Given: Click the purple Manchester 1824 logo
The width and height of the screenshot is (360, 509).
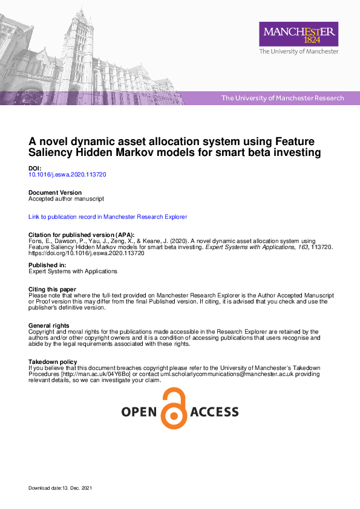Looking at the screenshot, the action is pos(298,34).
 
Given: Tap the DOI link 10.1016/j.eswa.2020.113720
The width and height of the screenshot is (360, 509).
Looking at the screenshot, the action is pos(68,174).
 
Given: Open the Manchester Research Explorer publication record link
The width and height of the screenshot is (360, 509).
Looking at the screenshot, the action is pos(108,216).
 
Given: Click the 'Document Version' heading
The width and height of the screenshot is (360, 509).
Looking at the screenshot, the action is pos(55,192).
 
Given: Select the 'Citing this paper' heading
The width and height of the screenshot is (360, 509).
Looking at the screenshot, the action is pos(53,289).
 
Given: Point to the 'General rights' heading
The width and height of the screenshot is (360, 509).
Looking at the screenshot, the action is pos(49,326).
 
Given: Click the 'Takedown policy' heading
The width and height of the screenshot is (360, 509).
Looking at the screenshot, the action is pos(53,362).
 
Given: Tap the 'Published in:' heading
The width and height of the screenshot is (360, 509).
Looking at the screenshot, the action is pos(47,265).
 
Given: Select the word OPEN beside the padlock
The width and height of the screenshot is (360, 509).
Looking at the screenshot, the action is pos(140,412).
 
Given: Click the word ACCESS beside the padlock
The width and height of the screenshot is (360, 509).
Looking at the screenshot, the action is pos(214,412).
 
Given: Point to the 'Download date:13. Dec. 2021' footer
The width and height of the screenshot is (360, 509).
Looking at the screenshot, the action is pos(61,487).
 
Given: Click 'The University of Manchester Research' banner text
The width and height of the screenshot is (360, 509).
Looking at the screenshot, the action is pos(283,98).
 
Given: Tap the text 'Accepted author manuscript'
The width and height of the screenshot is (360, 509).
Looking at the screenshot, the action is pos(67,198).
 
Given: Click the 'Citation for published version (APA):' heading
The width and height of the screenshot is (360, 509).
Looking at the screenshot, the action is pos(82,235).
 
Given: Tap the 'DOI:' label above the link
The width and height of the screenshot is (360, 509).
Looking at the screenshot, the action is pos(36,168).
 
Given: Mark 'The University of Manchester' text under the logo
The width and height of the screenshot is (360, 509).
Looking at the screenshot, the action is pos(299,52).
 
